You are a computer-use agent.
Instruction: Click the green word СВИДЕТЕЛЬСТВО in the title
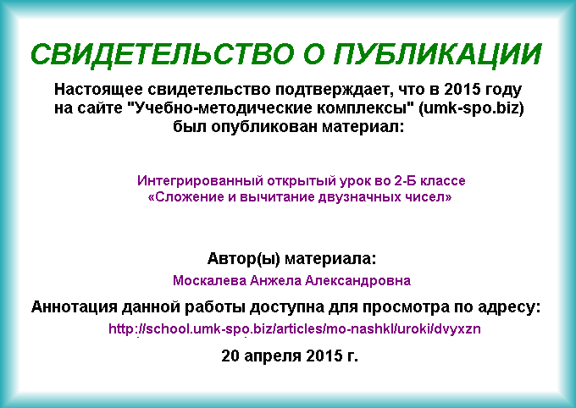pyautogui.click(x=163, y=54)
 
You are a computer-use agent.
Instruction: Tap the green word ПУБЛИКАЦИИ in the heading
pyautogui.click(x=438, y=54)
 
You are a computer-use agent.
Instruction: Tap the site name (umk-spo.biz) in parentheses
pyautogui.click(x=471, y=108)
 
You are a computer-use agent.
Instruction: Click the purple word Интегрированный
pyautogui.click(x=200, y=180)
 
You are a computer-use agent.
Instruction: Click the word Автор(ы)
pyautogui.click(x=244, y=259)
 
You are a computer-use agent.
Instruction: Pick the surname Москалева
pyautogui.click(x=210, y=280)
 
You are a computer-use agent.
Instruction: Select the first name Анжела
pyautogui.click(x=275, y=280)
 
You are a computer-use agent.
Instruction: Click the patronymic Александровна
pyautogui.click(x=357, y=280)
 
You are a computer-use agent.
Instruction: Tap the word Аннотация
pyautogui.click(x=74, y=307)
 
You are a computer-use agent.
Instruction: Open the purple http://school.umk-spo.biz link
pyautogui.click(x=295, y=328)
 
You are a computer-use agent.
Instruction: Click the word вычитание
pyautogui.click(x=277, y=197)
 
